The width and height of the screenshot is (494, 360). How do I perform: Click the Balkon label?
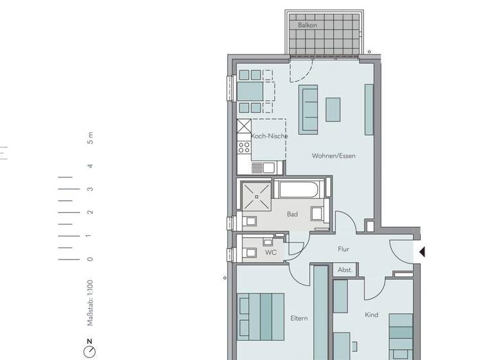click(x=307, y=25)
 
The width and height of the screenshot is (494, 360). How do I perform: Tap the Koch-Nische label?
click(x=269, y=136)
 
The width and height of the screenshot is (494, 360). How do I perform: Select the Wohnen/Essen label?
click(x=333, y=156)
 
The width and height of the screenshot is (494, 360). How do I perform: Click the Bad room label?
click(x=292, y=214)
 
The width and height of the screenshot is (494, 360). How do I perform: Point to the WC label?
click(x=271, y=253)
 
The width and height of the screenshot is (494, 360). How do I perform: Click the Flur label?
click(x=343, y=249)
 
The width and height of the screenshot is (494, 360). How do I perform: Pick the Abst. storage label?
click(x=345, y=271)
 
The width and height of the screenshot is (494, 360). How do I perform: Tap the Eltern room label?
click(x=298, y=318)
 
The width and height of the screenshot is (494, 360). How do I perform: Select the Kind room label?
click(x=371, y=315)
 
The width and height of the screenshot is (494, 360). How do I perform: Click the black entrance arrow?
click(x=422, y=252)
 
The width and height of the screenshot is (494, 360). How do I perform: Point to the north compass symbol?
click(x=90, y=350)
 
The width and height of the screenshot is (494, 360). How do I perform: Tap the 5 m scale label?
click(x=90, y=138)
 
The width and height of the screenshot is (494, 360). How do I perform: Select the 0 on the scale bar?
click(x=90, y=259)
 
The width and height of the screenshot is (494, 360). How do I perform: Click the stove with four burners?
click(x=244, y=149)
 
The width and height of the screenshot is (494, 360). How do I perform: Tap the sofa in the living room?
click(x=309, y=109)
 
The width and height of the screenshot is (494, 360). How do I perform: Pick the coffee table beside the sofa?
click(x=333, y=109)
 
